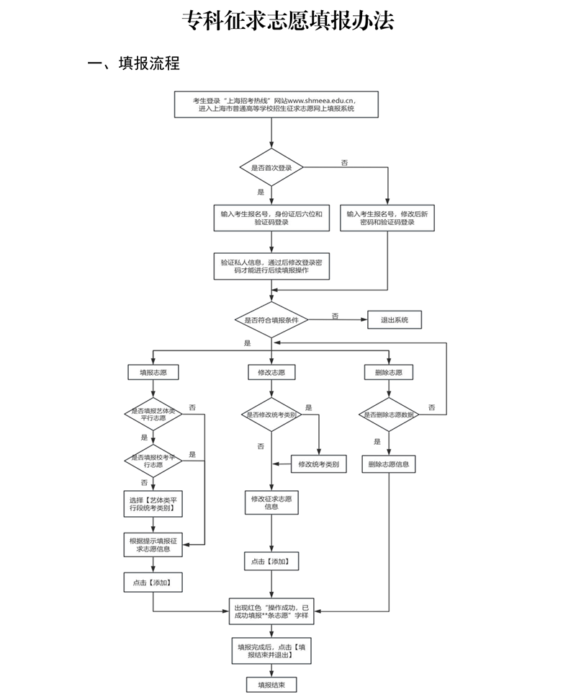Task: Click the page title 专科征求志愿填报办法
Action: tap(288, 20)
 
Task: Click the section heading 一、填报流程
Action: tap(133, 63)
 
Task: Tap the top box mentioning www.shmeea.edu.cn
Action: tap(276, 105)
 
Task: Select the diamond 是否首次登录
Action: tap(271, 167)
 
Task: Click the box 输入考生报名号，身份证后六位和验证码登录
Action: tap(271, 218)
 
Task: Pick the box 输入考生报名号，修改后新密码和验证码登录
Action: tap(387, 218)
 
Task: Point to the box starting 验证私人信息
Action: tap(271, 267)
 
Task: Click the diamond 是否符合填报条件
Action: tap(271, 319)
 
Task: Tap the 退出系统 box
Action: tap(394, 319)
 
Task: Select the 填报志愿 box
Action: tap(153, 372)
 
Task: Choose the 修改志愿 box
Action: tap(271, 372)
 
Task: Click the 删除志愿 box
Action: tap(388, 372)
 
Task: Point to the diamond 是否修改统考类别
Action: tap(271, 415)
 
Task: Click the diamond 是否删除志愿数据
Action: tap(389, 415)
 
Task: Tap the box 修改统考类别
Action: tap(319, 464)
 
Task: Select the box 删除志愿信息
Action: tap(389, 464)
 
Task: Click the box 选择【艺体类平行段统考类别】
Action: tap(153, 504)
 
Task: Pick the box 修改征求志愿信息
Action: tap(271, 502)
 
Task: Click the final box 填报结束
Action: tap(271, 685)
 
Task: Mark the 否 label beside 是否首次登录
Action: tap(345, 163)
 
